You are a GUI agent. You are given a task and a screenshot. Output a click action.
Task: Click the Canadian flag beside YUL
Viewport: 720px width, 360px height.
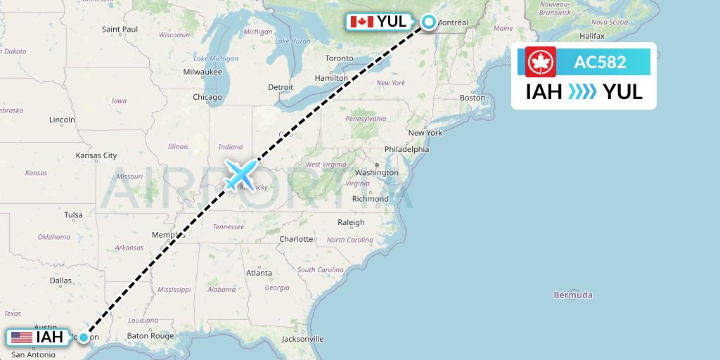pyautogui.click(x=361, y=22)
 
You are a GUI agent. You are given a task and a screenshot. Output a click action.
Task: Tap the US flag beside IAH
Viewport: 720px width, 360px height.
pyautogui.click(x=21, y=337)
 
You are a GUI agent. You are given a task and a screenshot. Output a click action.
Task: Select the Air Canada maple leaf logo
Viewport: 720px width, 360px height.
pyautogui.click(x=541, y=62)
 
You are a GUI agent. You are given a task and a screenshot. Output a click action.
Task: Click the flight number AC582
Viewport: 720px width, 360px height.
pyautogui.click(x=600, y=62)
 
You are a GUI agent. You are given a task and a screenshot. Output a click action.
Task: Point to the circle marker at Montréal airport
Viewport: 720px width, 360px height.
pyautogui.click(x=428, y=22)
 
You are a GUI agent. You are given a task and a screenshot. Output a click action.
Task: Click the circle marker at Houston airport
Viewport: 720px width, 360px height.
pyautogui.click(x=84, y=337)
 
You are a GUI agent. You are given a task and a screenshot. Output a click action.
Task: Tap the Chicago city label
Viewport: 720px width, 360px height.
pyautogui.click(x=207, y=97)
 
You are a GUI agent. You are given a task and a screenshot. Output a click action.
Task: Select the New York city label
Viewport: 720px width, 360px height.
pyautogui.click(x=425, y=133)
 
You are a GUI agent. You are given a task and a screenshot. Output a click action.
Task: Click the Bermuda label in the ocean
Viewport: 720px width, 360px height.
pyautogui.click(x=573, y=295)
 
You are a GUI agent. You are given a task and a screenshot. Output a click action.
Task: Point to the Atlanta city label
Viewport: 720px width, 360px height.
pyautogui.click(x=259, y=273)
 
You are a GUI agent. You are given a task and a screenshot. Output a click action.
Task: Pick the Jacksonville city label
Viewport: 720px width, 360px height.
pyautogui.click(x=302, y=339)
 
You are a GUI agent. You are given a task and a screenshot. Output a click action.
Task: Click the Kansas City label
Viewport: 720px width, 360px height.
pyautogui.click(x=96, y=155)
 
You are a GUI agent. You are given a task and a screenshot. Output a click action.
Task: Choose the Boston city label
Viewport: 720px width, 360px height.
pyautogui.click(x=472, y=98)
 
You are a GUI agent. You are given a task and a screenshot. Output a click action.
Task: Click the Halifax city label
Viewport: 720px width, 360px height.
pyautogui.click(x=592, y=35)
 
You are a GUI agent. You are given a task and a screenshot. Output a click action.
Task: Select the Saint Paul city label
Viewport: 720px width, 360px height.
pyautogui.click(x=120, y=30)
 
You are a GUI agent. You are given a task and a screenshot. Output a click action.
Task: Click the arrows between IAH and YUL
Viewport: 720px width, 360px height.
pyautogui.click(x=581, y=91)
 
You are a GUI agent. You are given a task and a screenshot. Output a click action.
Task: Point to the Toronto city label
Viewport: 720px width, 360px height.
pyautogui.click(x=339, y=58)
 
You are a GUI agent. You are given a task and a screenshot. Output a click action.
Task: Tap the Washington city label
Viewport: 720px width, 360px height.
pyautogui.click(x=377, y=173)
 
